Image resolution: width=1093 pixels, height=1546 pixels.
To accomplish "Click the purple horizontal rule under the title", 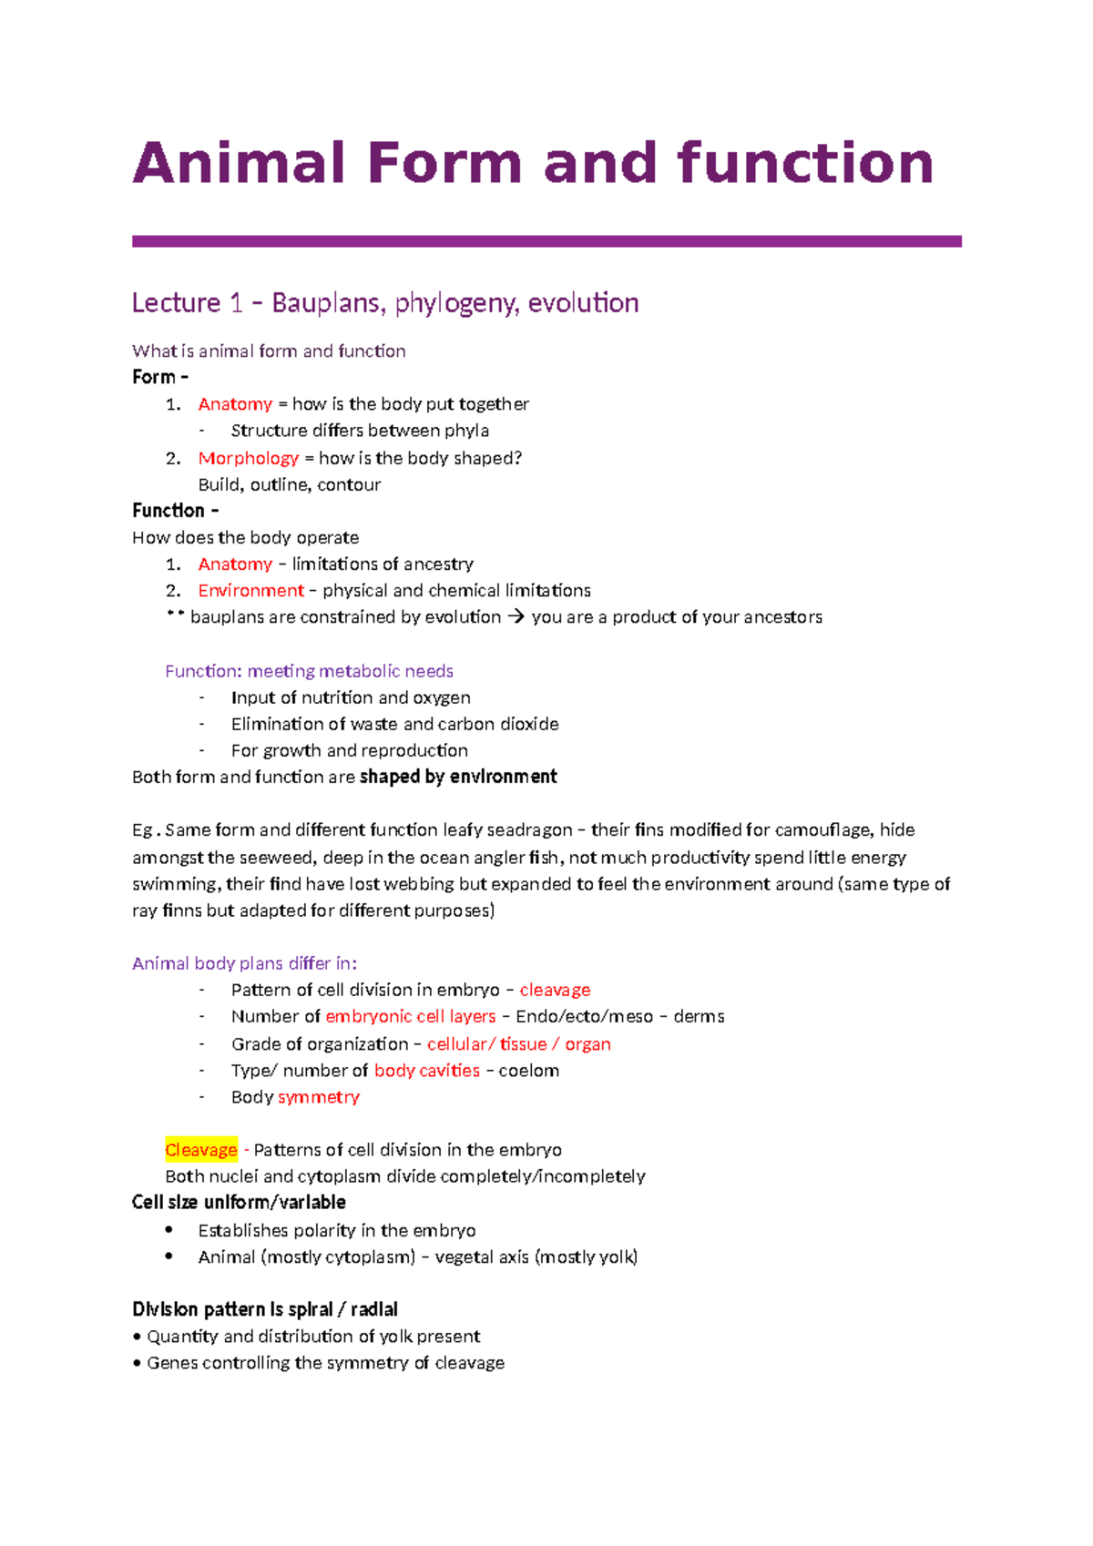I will (x=546, y=241).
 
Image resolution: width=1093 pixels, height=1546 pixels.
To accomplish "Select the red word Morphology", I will (x=249, y=458).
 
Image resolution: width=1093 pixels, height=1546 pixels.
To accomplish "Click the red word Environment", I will (x=250, y=590).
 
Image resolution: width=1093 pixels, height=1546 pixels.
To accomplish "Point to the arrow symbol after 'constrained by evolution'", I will (x=516, y=617).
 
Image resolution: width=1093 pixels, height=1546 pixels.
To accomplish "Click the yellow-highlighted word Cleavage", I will (x=200, y=1150).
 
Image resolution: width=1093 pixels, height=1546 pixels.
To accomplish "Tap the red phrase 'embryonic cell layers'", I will (x=410, y=1016).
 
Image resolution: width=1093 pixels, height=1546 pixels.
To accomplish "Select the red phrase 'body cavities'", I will (x=426, y=1071).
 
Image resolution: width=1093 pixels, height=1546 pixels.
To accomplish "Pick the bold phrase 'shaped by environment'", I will (x=458, y=777).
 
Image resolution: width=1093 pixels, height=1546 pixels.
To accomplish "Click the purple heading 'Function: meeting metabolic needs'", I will (x=309, y=671).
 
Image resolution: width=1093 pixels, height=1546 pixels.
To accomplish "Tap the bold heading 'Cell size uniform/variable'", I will (x=239, y=1203).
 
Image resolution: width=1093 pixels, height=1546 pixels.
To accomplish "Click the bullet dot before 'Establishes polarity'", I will (x=169, y=1229).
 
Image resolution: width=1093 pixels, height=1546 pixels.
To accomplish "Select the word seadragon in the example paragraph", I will (x=529, y=830).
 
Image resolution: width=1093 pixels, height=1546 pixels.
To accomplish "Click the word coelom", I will (x=528, y=1071).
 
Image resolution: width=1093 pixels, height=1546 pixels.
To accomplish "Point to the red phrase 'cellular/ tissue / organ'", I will (x=518, y=1044).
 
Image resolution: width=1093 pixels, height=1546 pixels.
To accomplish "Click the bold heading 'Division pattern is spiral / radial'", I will (x=265, y=1309).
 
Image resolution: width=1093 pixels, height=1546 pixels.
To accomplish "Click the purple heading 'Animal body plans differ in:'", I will (x=244, y=963).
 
